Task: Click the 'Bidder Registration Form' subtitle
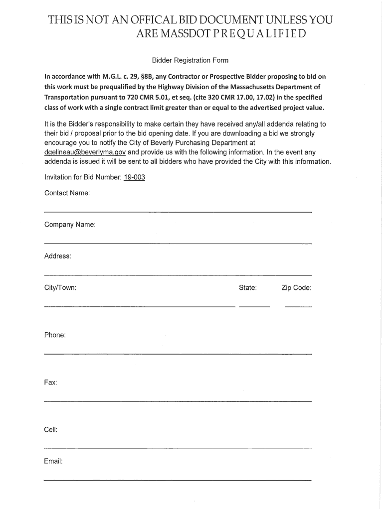(190, 61)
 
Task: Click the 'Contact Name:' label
(67, 193)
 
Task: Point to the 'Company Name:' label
(70, 225)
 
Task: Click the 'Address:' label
(58, 256)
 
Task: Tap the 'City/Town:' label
(60, 288)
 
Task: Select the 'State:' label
(248, 288)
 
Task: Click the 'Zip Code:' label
(296, 288)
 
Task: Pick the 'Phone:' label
(55, 335)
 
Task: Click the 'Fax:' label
(51, 382)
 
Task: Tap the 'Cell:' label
(51, 429)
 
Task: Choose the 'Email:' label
(53, 461)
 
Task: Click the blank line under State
(254, 306)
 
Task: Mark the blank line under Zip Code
(298, 306)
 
